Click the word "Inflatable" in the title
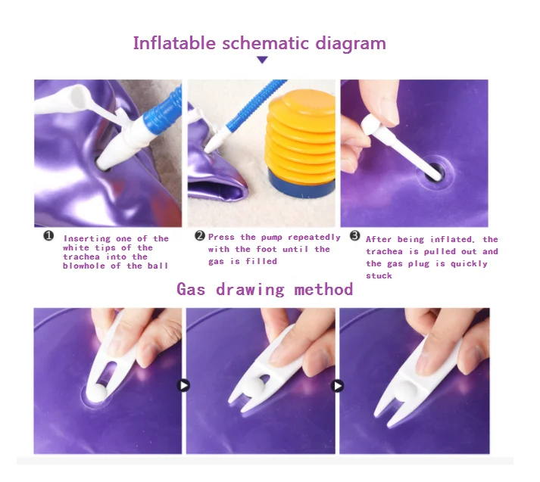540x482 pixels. [x=174, y=43]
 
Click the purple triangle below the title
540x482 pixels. [x=262, y=60]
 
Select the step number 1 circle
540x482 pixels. [x=48, y=235]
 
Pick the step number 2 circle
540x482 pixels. [x=200, y=235]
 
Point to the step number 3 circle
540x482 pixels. [x=355, y=235]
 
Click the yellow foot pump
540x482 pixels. [x=301, y=138]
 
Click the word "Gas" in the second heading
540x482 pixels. [x=191, y=289]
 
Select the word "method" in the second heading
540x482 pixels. [x=323, y=289]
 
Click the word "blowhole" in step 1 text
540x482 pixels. [x=83, y=266]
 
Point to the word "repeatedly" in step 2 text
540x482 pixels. [x=314, y=238]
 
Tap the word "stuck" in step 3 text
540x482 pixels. [x=379, y=275]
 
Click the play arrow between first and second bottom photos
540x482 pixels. [x=183, y=385]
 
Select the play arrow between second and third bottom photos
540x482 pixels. [x=337, y=386]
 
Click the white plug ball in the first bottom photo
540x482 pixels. [x=97, y=392]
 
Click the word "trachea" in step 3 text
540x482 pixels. [x=384, y=251]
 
